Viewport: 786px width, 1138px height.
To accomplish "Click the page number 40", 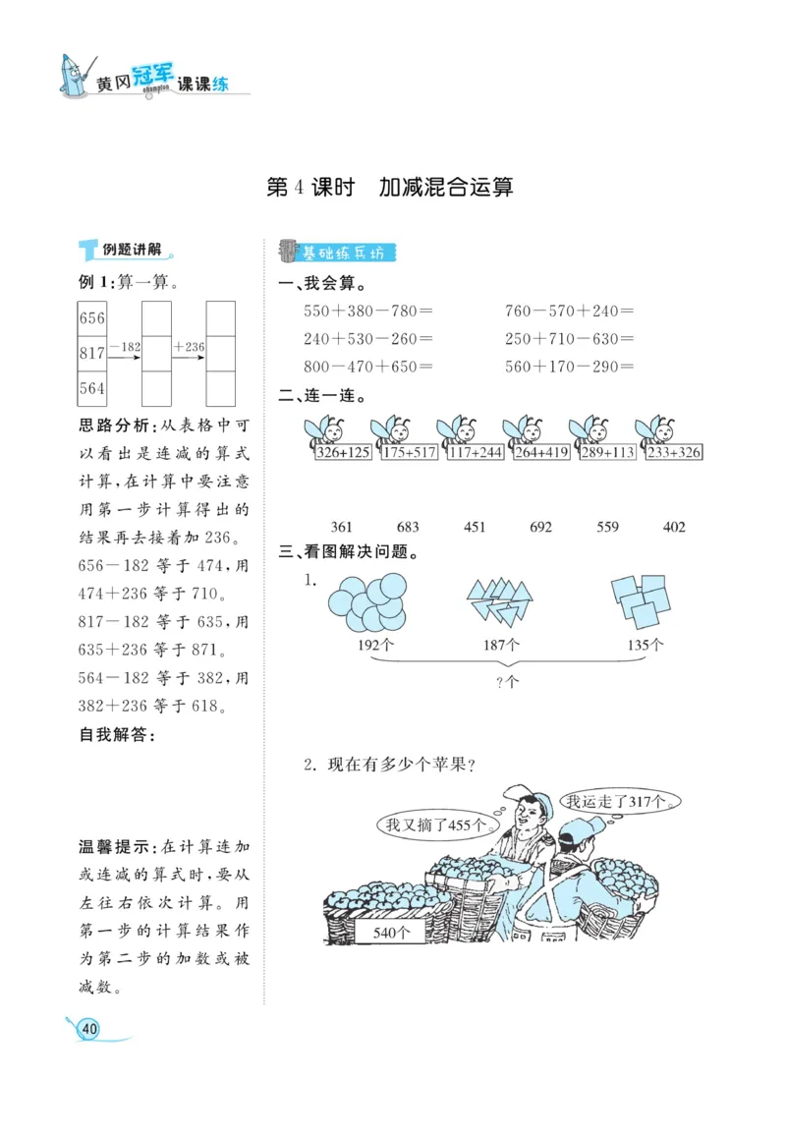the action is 89,1028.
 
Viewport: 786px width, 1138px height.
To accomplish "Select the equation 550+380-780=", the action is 368,311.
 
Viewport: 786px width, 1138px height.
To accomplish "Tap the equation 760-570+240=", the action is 569,311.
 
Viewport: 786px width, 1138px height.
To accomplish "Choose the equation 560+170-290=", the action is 569,367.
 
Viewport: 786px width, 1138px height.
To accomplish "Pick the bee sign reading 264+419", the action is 539,453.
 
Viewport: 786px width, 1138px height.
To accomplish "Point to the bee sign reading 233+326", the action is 674,453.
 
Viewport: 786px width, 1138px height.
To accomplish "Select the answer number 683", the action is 408,527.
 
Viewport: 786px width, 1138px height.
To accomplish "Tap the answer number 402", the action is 674,527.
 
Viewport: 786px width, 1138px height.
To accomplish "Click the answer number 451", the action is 475,527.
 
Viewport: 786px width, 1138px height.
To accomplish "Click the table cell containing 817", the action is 92,353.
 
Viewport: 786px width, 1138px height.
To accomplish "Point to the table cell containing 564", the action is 92,388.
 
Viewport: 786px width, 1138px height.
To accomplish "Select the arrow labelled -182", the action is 125,352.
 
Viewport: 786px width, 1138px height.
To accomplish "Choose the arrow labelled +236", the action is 189,352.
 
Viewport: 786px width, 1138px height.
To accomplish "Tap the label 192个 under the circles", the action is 376,646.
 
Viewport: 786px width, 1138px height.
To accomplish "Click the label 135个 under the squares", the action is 646,646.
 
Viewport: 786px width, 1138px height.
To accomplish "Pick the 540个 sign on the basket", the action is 392,932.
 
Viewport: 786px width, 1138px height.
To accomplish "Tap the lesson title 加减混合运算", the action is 446,187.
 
